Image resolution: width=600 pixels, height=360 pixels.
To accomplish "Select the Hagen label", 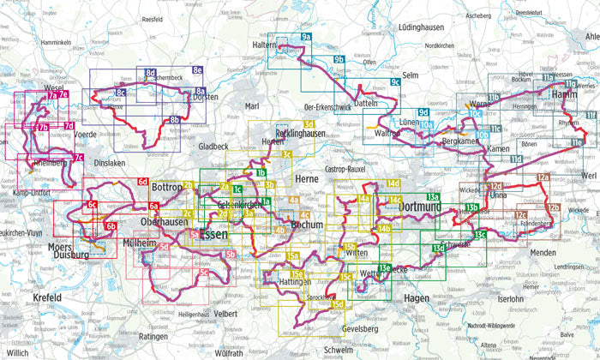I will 415,297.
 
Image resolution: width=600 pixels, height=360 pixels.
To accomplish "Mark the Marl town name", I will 252,106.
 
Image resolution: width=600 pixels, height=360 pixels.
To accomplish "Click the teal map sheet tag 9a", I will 306,38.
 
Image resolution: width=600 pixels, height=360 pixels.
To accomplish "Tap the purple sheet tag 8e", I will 197,70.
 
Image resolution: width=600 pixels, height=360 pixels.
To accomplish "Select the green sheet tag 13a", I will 434,198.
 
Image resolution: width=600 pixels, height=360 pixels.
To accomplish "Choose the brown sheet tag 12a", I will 542,177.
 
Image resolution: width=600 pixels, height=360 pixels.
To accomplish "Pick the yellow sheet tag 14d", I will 393,184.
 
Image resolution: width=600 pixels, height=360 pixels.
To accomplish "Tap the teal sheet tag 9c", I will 395,82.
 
